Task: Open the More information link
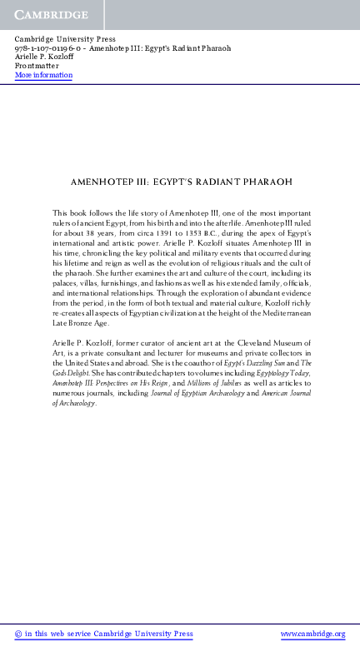43,76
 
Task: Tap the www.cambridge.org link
312,635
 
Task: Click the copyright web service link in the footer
103,635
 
